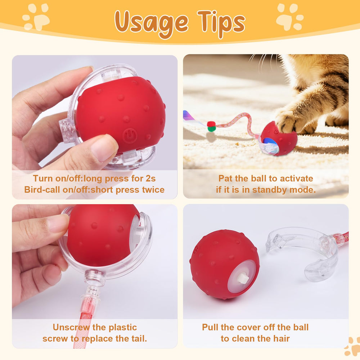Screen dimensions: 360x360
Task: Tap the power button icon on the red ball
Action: coord(130,136)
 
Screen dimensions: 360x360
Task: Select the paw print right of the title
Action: coord(289,17)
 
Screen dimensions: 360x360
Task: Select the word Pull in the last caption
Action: coord(210,327)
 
